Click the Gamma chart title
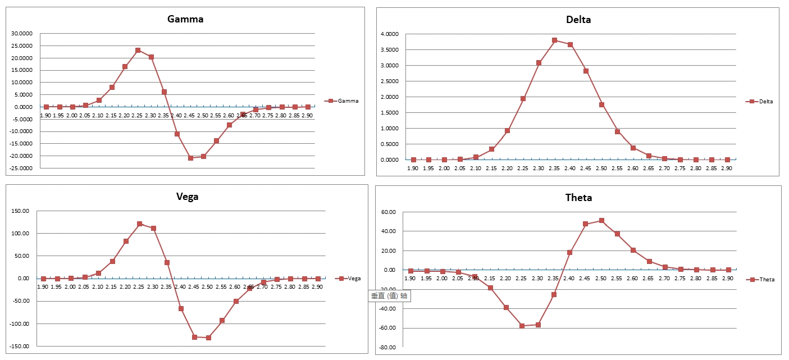[185, 19]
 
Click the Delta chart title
[578, 20]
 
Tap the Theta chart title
[578, 198]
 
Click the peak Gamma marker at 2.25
[138, 51]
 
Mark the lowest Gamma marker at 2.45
[190, 158]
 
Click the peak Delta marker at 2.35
[554, 40]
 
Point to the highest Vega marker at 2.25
[139, 224]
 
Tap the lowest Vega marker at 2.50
[208, 338]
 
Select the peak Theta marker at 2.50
[601, 221]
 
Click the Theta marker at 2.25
[522, 326]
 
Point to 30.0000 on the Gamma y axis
[21, 33]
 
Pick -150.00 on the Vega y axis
[21, 347]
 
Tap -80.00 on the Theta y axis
[388, 348]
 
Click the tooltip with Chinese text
[389, 296]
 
